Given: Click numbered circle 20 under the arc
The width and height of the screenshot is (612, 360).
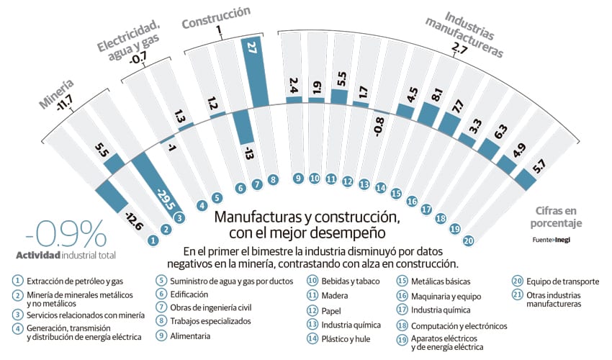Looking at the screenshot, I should [468, 240].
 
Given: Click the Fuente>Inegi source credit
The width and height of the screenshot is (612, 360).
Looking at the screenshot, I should [552, 239].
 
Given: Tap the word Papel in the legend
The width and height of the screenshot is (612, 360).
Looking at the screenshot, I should [332, 310].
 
